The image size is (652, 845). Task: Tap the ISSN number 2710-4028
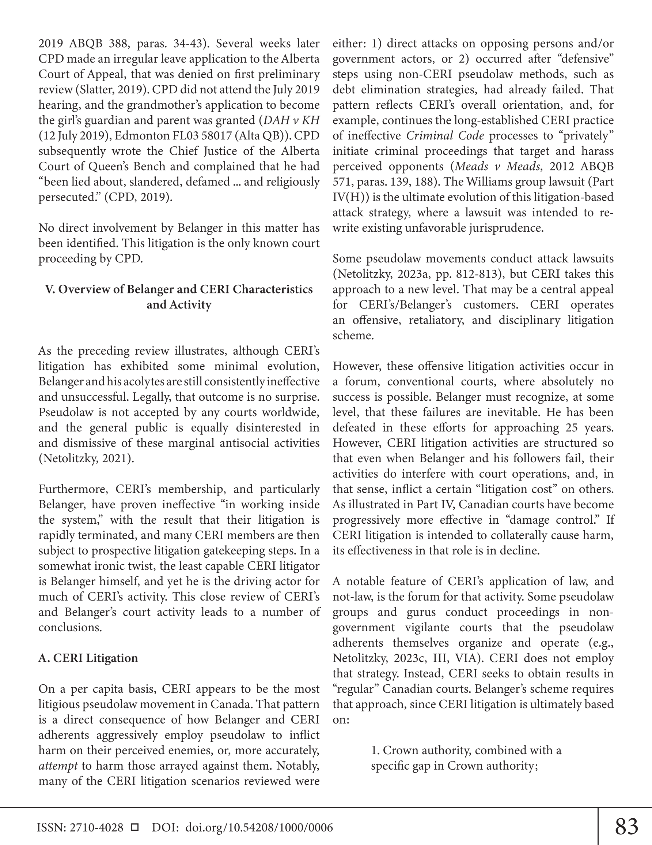96,827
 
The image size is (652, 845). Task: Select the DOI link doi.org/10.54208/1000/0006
259,827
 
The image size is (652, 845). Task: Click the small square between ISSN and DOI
135,827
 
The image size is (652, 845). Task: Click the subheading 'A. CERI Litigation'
88,658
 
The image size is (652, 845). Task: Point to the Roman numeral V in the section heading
49,289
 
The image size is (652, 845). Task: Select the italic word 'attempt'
58,766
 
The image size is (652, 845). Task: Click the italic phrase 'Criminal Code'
445,136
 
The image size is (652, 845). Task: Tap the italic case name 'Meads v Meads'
497,167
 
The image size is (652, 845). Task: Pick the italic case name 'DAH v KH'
291,120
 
